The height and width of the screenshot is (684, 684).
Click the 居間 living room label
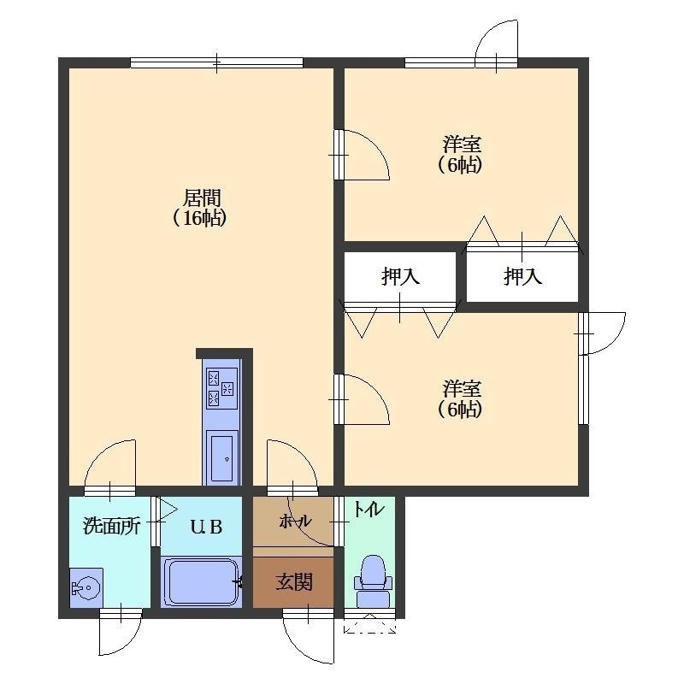[x=202, y=198]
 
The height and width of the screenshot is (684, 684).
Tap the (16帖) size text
[x=200, y=218]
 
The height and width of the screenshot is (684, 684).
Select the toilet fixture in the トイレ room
[x=373, y=581]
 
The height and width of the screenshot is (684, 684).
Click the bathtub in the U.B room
[x=202, y=582]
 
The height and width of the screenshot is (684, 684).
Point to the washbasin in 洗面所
[x=86, y=587]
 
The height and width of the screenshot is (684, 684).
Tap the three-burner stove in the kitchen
[x=222, y=388]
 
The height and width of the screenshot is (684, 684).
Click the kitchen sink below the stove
[x=222, y=455]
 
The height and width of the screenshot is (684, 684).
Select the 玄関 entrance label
[x=293, y=581]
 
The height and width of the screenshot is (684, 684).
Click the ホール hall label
[x=295, y=521]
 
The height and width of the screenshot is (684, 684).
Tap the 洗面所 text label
[x=111, y=526]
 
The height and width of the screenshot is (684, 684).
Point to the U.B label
[x=206, y=527]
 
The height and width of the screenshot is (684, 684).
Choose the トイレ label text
[x=369, y=509]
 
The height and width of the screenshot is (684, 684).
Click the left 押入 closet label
[x=400, y=276]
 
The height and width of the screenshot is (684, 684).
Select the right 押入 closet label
[x=522, y=276]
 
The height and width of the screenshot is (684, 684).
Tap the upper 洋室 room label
[x=462, y=144]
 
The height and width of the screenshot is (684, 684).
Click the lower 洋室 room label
[x=462, y=388]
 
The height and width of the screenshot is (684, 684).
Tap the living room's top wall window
[x=217, y=62]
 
